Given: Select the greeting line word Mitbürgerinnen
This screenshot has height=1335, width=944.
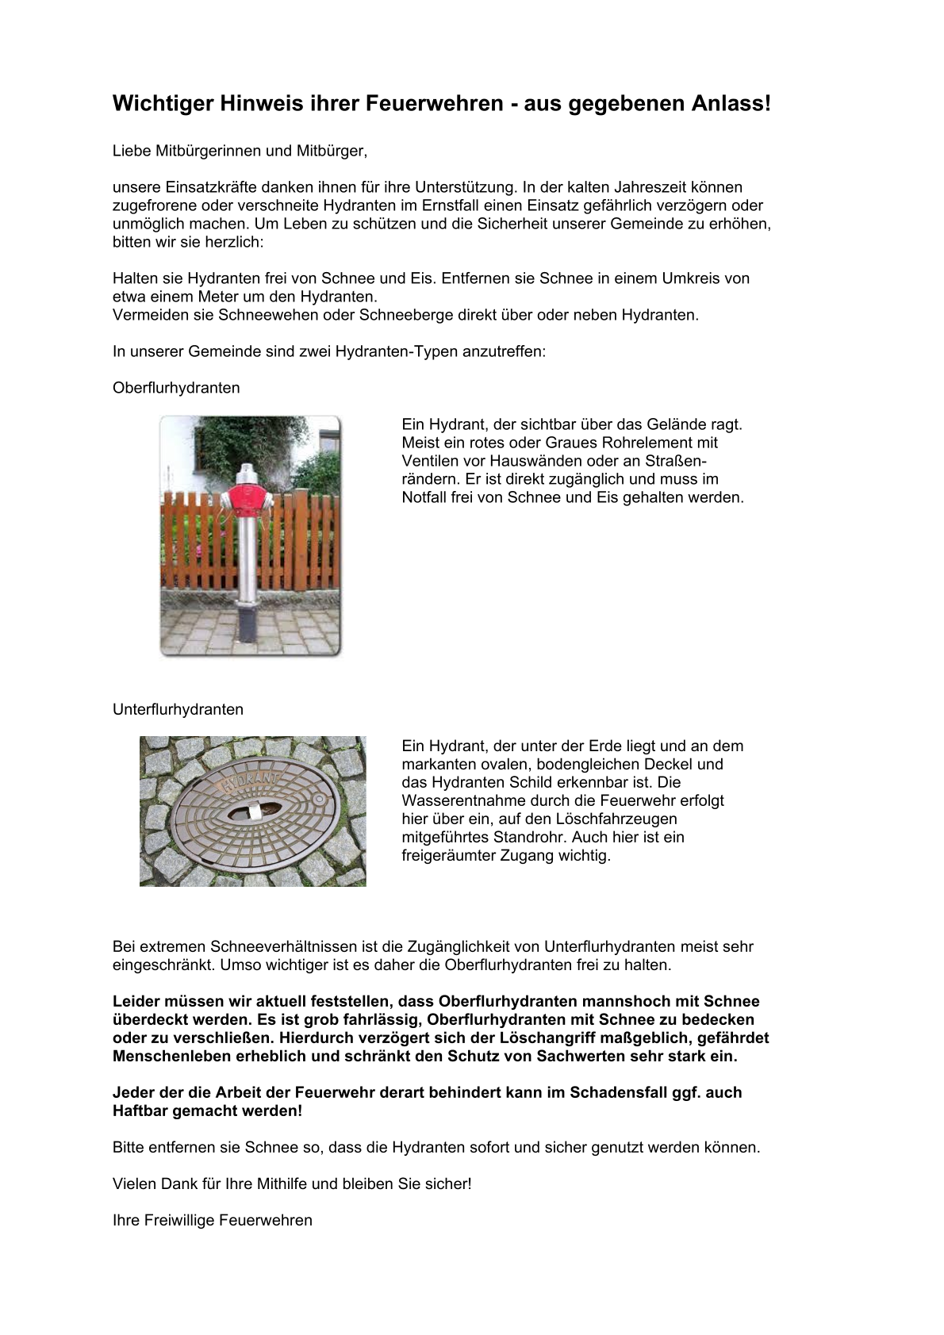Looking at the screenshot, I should click(x=211, y=151).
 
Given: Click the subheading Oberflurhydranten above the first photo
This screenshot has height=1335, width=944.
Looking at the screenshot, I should click(x=176, y=388).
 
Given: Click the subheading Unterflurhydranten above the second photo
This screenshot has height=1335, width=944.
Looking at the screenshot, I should click(x=178, y=709).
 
